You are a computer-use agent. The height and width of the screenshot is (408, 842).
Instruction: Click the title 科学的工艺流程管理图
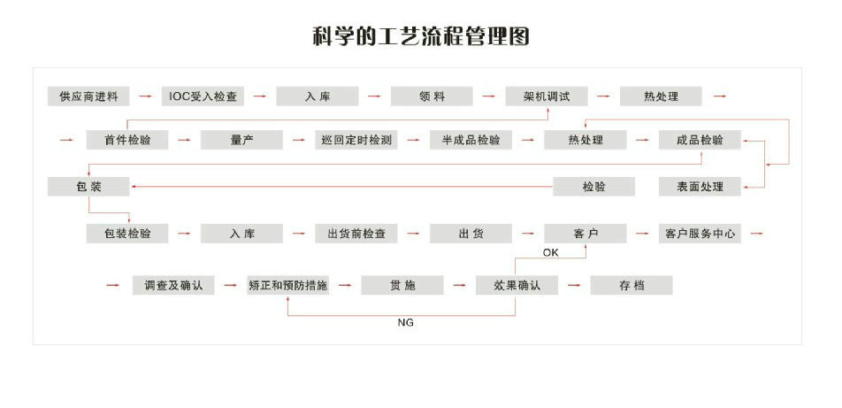(420, 37)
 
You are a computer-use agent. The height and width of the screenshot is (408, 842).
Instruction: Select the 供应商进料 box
(88, 96)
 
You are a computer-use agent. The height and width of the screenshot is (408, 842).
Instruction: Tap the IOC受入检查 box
(203, 96)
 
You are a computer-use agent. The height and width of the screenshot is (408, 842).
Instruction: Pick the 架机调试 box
(547, 96)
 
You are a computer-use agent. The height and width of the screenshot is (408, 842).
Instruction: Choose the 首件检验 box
(126, 140)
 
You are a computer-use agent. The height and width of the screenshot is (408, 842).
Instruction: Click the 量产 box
(241, 140)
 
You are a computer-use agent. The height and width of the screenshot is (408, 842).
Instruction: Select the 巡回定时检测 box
(356, 140)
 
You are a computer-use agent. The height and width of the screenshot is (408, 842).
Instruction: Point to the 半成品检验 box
(471, 140)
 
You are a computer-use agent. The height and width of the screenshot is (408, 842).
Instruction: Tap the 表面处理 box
(700, 187)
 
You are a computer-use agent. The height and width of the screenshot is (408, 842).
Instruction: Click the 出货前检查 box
(356, 234)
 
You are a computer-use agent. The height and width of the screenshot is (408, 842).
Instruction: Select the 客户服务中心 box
(700, 234)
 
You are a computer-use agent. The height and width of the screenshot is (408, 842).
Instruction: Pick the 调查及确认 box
(173, 285)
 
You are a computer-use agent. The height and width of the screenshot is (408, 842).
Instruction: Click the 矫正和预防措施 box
(288, 285)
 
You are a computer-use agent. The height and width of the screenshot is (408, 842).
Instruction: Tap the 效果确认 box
(516, 285)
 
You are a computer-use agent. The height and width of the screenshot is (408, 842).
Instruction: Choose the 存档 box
(631, 285)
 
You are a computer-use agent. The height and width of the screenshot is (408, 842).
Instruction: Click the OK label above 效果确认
(551, 253)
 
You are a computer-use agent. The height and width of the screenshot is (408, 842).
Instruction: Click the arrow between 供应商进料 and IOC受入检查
(146, 96)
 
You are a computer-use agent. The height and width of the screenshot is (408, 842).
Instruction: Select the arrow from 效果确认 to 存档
(574, 285)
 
